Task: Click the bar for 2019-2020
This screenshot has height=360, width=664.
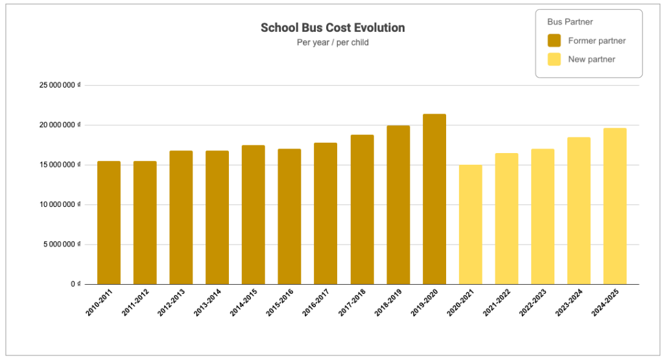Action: (434, 199)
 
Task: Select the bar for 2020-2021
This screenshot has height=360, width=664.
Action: (470, 224)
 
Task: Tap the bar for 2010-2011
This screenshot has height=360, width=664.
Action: (109, 222)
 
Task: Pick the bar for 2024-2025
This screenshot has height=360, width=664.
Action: (615, 206)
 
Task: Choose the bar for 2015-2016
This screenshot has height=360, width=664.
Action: (289, 217)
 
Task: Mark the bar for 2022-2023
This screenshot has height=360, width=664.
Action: (543, 217)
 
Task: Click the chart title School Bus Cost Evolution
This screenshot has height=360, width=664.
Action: (333, 28)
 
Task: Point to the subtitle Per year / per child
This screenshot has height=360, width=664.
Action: (333, 43)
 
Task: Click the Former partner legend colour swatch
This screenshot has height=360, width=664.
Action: (554, 41)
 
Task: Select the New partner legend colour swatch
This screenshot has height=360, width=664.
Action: (554, 59)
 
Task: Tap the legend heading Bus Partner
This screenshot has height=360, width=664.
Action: (565, 22)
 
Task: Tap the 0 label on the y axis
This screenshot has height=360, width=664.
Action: (75, 284)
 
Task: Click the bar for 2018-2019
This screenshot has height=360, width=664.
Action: (398, 205)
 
